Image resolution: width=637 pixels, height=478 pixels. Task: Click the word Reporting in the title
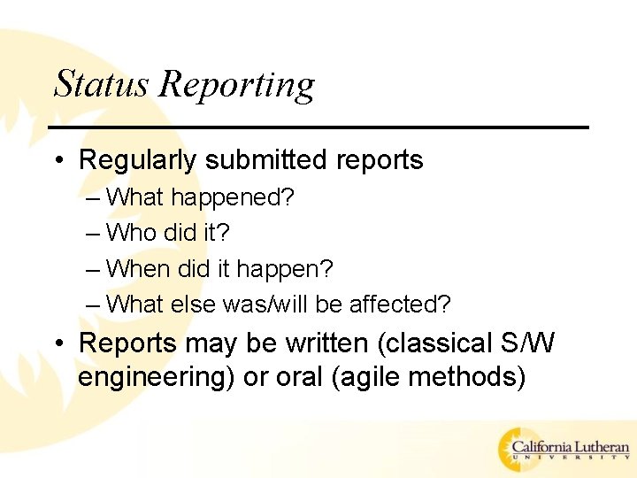(x=237, y=86)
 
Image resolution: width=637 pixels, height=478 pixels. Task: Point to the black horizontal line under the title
(x=318, y=127)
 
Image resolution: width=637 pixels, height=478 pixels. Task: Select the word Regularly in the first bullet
(x=138, y=161)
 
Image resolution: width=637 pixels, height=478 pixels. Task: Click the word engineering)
(x=157, y=378)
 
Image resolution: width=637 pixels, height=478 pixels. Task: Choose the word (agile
(x=372, y=378)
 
